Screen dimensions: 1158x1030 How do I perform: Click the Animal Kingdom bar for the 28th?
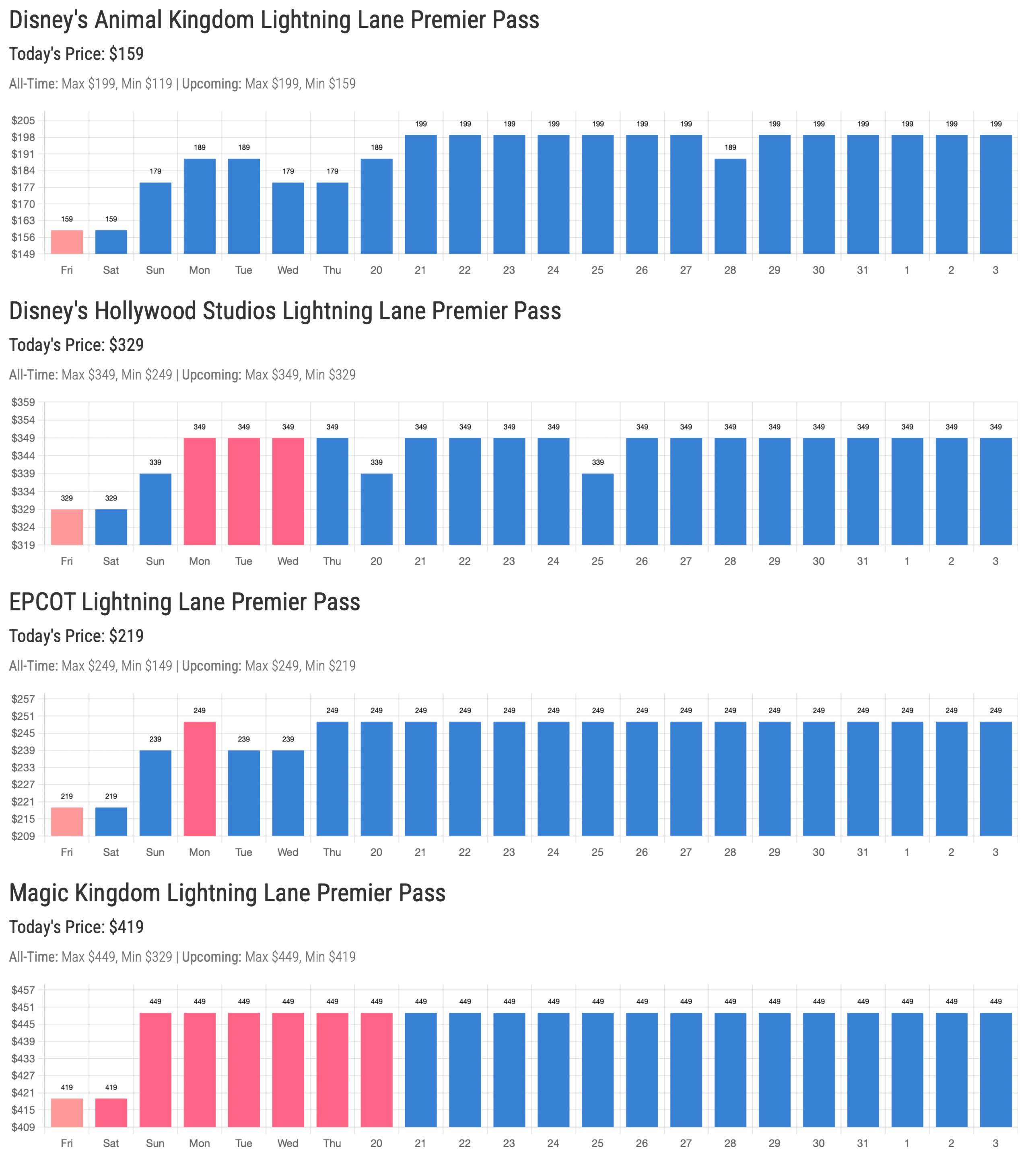tap(730, 206)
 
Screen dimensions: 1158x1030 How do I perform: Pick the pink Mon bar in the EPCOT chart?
tap(200, 779)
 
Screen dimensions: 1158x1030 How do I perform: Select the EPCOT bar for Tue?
tap(244, 793)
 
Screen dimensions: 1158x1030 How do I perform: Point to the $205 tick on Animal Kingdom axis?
tap(23, 121)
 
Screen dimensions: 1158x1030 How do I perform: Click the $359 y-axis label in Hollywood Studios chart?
tap(23, 403)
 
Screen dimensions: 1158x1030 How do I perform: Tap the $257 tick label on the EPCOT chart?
tap(23, 700)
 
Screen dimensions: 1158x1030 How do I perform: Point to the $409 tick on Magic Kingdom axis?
tap(23, 1127)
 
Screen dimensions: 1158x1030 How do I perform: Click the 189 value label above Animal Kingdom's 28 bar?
tap(730, 147)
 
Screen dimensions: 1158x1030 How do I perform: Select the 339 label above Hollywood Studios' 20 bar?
tap(376, 462)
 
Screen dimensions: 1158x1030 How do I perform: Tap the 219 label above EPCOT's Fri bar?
tap(67, 796)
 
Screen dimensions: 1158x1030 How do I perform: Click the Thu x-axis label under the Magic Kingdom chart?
tap(332, 1143)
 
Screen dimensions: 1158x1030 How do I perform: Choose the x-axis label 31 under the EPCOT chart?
tap(862, 852)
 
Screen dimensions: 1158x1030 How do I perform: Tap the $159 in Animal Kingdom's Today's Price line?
tap(126, 54)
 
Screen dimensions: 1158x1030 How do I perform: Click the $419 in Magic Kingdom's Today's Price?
tap(126, 927)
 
